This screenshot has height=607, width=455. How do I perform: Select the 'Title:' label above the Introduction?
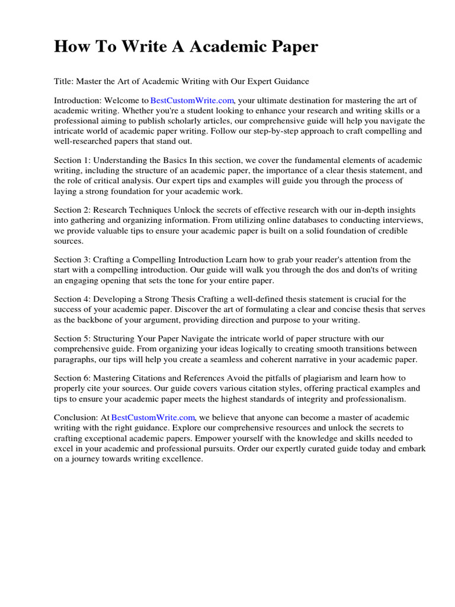(64, 81)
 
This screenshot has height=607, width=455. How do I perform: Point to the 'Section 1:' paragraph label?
(72, 160)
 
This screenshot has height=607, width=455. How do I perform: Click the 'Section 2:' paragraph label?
(72, 210)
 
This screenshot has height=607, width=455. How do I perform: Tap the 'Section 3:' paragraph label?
(72, 260)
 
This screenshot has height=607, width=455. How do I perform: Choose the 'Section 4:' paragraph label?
(72, 299)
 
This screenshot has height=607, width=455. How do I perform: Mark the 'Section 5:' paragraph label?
(72, 338)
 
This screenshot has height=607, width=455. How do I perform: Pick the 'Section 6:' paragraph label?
(72, 378)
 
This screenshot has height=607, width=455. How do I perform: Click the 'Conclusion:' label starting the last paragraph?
(75, 417)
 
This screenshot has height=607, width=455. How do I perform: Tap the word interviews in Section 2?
(402, 220)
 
